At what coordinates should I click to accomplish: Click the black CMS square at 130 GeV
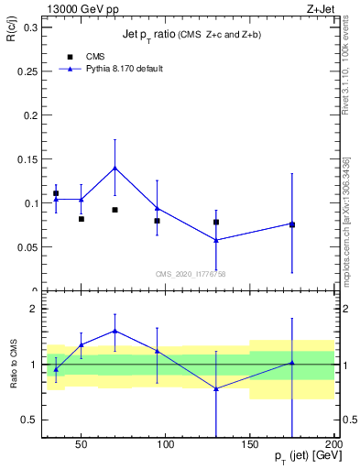click(216, 222)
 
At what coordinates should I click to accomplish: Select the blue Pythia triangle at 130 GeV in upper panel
click(216, 240)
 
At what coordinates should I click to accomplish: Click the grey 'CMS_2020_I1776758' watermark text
click(191, 274)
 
